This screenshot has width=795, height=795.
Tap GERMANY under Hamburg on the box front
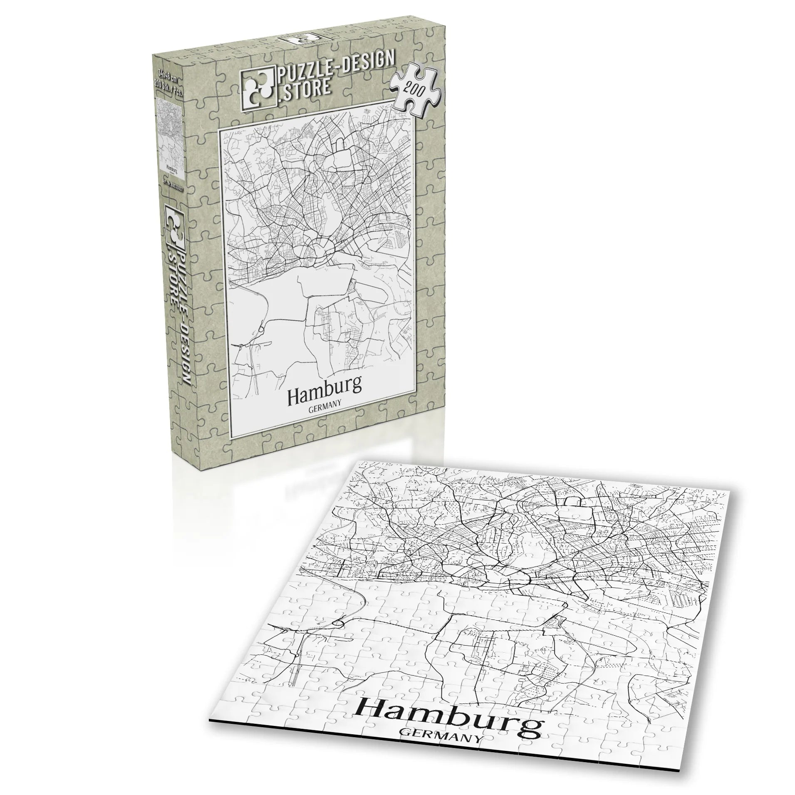[325, 402]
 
